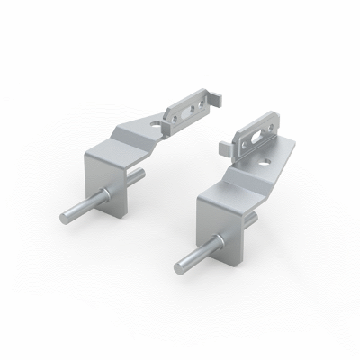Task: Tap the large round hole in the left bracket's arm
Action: tap(160, 124)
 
